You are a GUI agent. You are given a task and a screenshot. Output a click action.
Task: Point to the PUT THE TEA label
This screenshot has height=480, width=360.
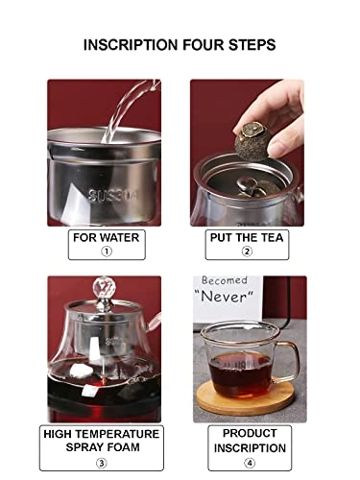[x=247, y=236]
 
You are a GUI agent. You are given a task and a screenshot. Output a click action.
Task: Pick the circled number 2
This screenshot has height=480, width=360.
[x=247, y=252]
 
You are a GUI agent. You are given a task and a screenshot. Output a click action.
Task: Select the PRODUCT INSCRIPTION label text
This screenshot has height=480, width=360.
[x=247, y=441]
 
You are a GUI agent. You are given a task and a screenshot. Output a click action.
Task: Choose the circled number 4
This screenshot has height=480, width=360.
[x=247, y=462]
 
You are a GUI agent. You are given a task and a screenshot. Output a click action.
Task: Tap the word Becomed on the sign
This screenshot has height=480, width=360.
[x=224, y=281]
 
